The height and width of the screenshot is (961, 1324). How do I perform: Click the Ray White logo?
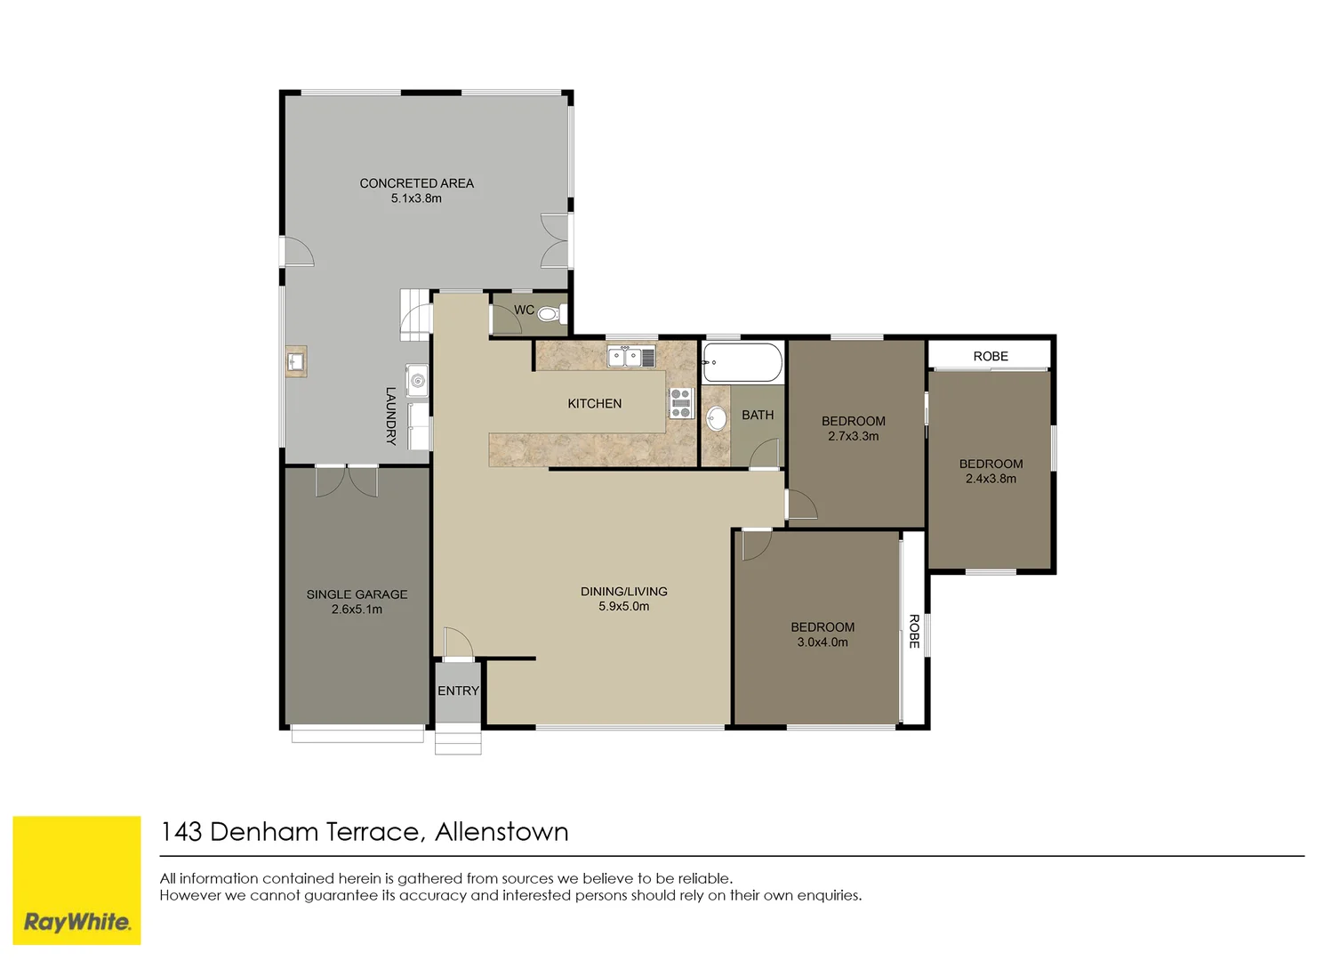(76, 880)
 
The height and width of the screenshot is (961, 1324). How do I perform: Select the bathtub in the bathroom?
(742, 363)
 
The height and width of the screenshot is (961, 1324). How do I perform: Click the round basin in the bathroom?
(717, 418)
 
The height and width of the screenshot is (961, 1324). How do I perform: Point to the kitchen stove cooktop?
(680, 403)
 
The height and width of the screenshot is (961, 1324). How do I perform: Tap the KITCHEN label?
(594, 404)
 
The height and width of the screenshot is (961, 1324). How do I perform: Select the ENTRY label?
(458, 691)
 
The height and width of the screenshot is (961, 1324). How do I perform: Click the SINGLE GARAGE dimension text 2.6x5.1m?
(357, 610)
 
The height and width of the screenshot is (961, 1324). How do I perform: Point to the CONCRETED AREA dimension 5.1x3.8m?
(416, 198)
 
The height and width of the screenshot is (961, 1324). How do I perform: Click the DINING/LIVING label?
(623, 592)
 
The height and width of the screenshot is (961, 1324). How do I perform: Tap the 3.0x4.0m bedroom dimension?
(822, 642)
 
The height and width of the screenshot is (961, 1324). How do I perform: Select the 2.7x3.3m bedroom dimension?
(853, 436)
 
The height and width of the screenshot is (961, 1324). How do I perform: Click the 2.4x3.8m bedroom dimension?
(991, 479)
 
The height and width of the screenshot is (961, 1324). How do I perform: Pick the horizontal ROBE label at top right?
(990, 356)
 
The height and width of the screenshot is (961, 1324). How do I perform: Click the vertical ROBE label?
(913, 631)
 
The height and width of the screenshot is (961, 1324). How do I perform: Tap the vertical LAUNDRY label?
(390, 416)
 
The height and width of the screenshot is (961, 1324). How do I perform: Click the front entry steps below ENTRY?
(458, 741)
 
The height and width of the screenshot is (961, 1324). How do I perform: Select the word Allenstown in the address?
(502, 832)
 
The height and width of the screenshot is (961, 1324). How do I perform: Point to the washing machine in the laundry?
(417, 381)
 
